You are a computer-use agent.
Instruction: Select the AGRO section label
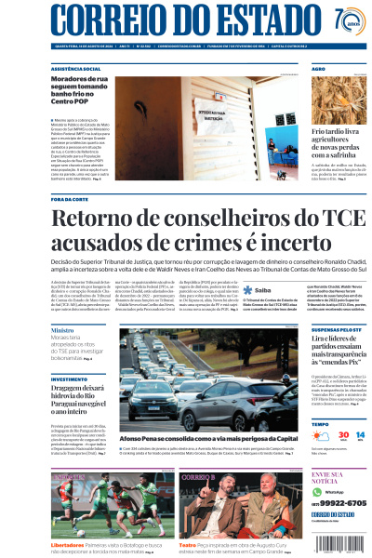coord(318,69)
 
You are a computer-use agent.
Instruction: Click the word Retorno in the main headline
coord(96,220)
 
